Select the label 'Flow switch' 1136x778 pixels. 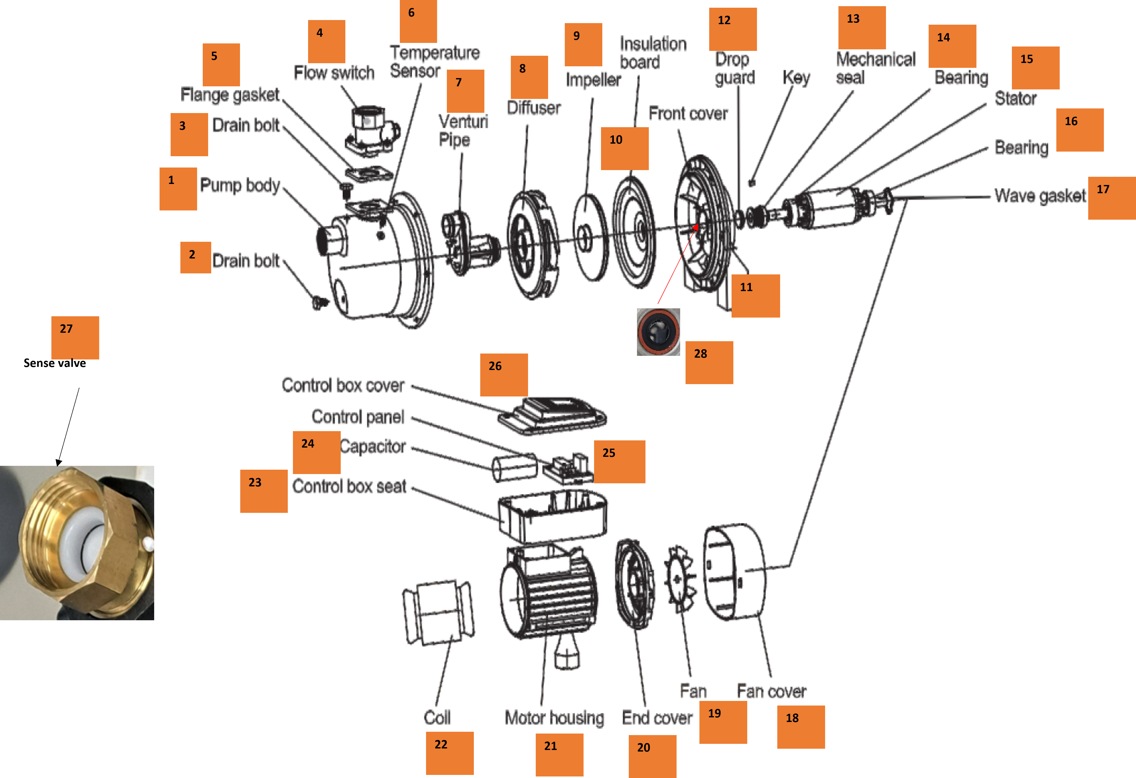click(x=334, y=73)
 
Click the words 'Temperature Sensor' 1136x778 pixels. click(x=434, y=62)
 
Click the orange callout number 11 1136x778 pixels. click(x=755, y=296)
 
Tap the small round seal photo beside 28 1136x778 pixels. click(x=658, y=332)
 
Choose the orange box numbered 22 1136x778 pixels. click(x=449, y=753)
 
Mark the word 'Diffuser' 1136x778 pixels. click(x=533, y=107)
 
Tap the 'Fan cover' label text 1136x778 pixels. click(x=771, y=691)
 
